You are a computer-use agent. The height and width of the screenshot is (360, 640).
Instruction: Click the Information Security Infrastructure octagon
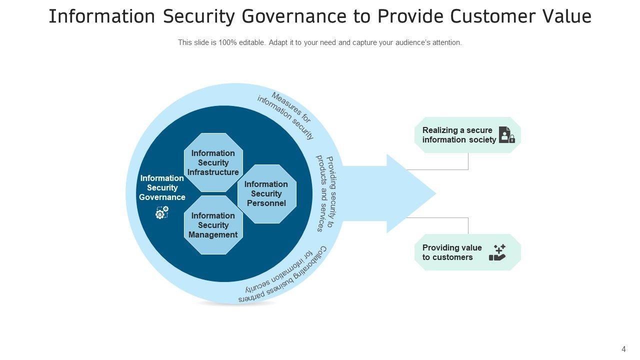point(213,162)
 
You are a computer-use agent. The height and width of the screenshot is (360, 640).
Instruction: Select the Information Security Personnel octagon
point(266,193)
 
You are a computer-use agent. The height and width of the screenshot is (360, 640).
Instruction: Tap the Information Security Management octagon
point(213,225)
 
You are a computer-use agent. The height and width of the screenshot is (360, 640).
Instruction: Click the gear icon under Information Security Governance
point(162,212)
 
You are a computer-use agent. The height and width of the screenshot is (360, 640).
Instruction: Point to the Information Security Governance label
point(162,187)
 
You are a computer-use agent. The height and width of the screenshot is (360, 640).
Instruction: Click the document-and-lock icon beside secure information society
point(506,135)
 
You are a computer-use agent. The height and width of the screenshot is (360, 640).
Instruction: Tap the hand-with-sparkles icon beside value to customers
point(497,252)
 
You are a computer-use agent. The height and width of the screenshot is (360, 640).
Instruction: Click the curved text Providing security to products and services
point(324,192)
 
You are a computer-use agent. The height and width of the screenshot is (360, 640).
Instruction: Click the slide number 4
point(623,349)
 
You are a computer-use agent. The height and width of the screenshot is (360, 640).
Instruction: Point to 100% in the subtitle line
point(227,43)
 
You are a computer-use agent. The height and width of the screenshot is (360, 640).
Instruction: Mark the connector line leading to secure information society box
point(468,162)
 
